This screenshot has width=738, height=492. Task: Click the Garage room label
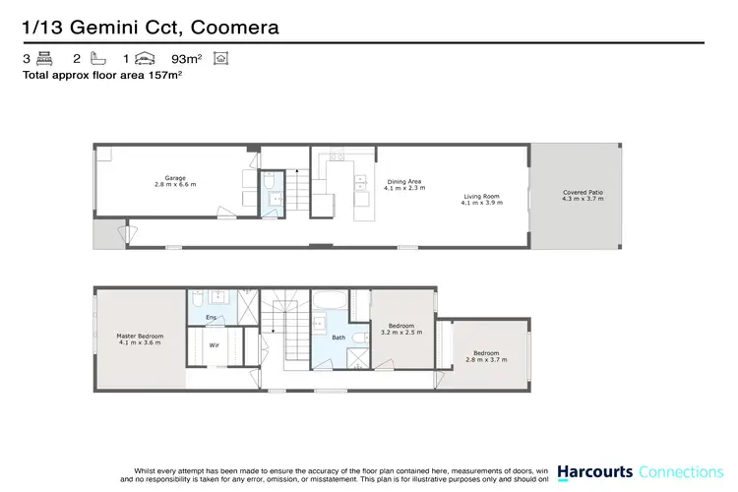pos(175,178)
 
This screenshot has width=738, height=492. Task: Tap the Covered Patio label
pos(581,192)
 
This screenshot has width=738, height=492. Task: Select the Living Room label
pos(482,197)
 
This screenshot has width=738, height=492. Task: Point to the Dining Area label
pos(404,181)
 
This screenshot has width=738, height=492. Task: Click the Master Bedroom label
pos(141,337)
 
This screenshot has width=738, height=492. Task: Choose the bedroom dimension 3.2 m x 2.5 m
pos(400,332)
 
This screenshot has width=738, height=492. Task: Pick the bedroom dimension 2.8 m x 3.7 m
pos(486,359)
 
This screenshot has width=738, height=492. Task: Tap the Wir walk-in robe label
pos(214,344)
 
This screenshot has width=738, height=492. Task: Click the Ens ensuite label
pos(211,317)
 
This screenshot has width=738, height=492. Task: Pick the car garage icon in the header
pos(145,59)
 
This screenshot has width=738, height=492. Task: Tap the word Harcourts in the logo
pos(593,471)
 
